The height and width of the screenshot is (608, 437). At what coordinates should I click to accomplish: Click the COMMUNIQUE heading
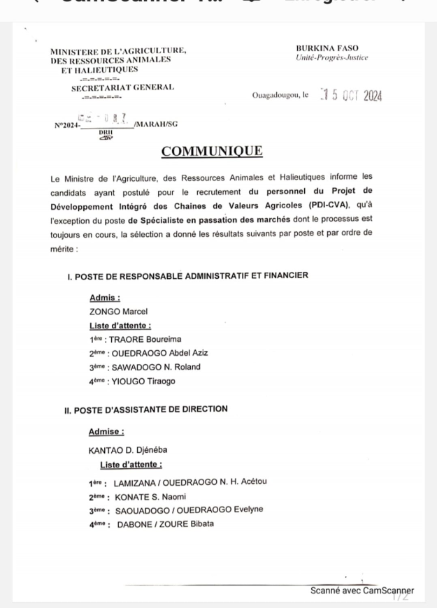[218, 151]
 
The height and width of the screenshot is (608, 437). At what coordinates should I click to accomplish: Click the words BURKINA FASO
[327, 48]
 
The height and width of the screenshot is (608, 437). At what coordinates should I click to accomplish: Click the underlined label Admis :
[105, 298]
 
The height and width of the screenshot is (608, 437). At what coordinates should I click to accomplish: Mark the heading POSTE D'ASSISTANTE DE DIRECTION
[152, 409]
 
